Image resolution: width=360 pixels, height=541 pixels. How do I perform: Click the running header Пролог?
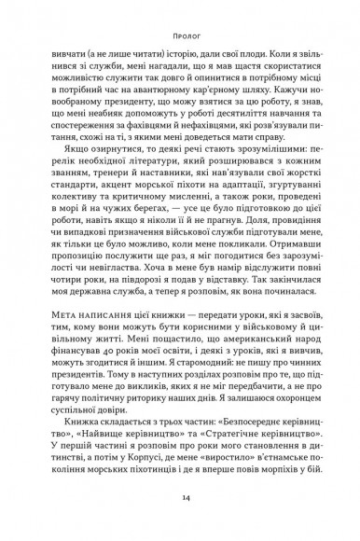(x=179, y=39)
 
